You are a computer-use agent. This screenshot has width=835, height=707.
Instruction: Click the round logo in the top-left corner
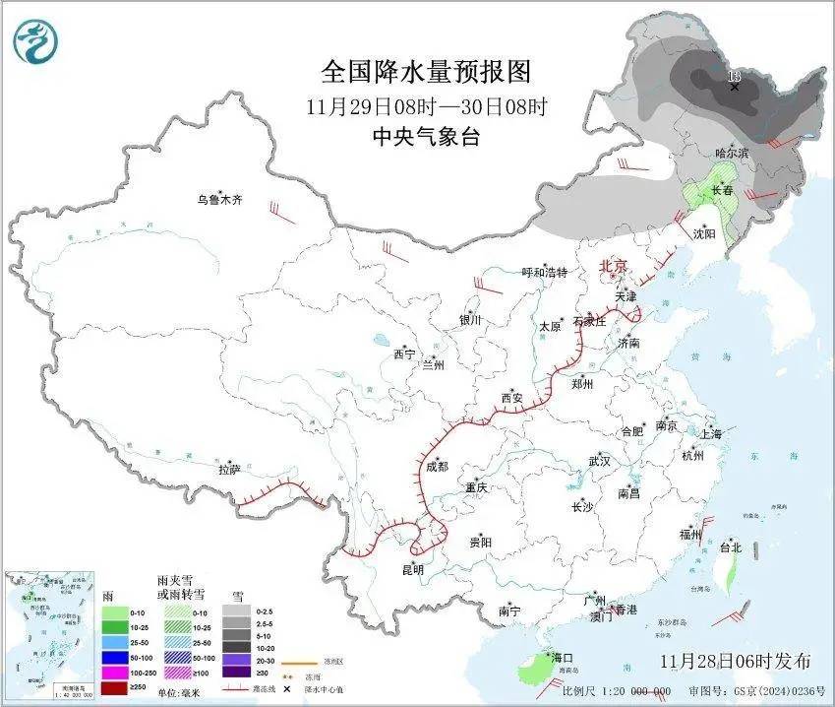(36, 40)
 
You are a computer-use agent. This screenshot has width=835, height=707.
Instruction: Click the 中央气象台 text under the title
(426, 137)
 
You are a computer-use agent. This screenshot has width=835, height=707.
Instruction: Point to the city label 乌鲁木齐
(218, 200)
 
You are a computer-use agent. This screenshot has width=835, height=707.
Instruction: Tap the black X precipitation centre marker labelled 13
(734, 87)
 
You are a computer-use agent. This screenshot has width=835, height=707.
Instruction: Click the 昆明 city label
(413, 569)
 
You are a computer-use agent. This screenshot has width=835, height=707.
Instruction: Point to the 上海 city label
(711, 434)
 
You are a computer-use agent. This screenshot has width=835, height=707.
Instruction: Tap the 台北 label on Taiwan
(730, 546)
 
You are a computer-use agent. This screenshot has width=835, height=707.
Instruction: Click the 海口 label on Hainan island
(562, 657)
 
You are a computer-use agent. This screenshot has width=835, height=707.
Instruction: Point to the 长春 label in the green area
(722, 191)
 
